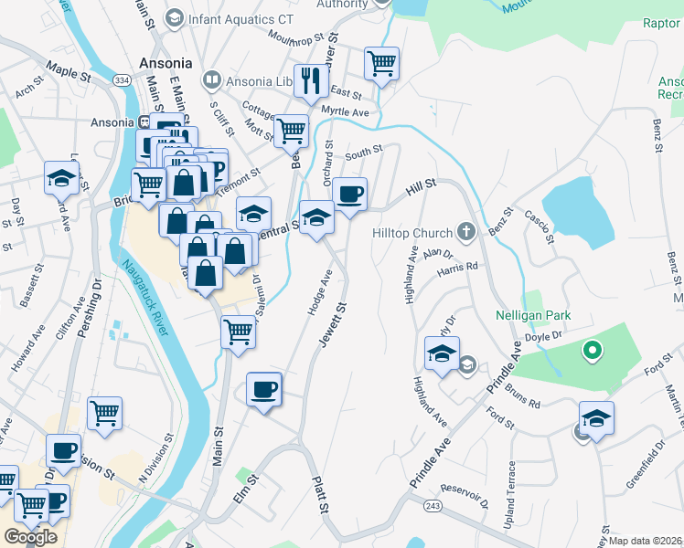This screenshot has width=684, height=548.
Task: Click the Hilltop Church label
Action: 411,233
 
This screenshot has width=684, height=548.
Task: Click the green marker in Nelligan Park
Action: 593,350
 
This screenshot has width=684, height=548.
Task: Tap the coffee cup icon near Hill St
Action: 349,194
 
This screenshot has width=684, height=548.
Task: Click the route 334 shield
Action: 122,81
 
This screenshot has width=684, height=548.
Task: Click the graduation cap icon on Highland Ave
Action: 442,352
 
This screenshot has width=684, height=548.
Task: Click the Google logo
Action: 31,536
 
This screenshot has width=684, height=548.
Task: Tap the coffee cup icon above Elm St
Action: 264,389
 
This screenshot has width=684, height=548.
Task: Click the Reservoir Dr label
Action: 464,497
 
